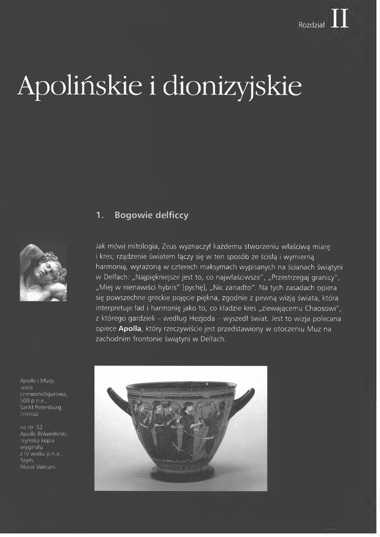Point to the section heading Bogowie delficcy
coord(151,216)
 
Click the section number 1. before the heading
coord(99,216)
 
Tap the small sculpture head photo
coord(44,272)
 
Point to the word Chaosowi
coord(320,308)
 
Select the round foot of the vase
coord(182,474)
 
